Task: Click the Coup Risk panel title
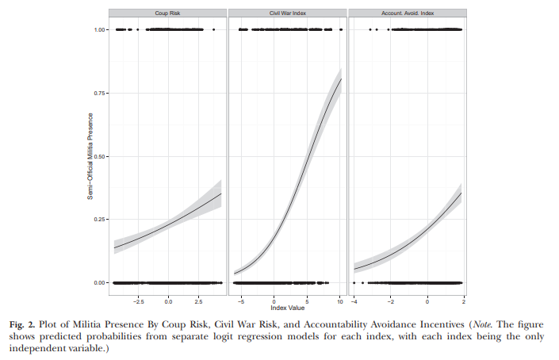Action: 167,13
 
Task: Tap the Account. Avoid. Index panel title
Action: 408,13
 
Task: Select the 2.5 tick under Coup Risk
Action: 198,301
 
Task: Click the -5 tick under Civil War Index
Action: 241,301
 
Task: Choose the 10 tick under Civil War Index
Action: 340,301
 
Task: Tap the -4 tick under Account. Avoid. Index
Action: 354,301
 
